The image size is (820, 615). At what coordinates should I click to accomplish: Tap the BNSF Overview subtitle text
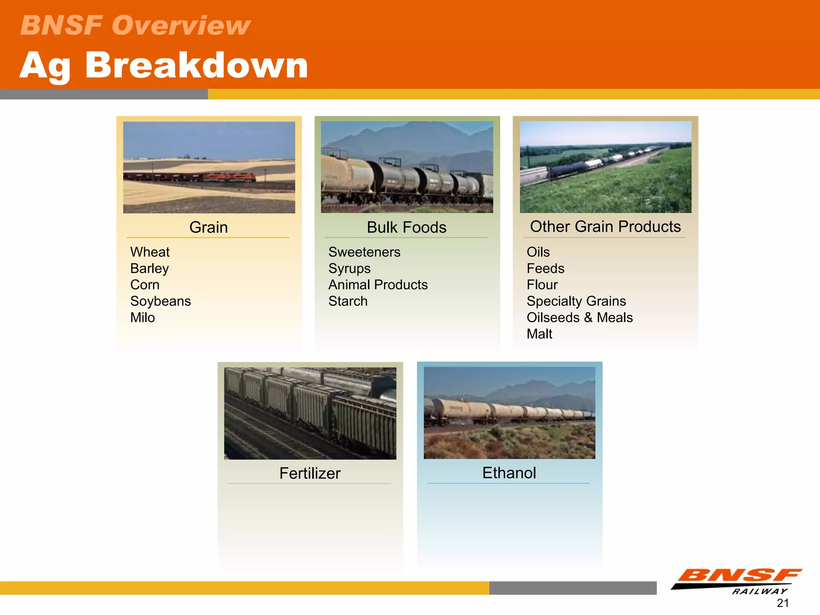(135, 25)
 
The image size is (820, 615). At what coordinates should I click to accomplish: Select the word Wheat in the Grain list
(150, 252)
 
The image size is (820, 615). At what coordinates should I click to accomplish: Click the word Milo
(142, 318)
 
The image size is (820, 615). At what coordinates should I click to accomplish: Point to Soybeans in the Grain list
(160, 301)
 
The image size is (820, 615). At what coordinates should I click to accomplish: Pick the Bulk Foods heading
(406, 227)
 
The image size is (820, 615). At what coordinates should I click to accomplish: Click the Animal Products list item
(378, 285)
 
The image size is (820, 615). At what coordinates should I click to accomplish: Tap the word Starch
(348, 301)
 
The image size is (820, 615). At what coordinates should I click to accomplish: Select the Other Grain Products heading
(605, 227)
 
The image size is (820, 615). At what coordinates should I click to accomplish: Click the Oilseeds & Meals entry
(579, 318)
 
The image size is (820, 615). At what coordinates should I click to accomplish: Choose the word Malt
(539, 334)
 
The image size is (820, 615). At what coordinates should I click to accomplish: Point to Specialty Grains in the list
(576, 301)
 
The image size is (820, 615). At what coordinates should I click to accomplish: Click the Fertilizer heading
(310, 473)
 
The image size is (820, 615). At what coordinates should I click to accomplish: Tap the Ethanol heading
(508, 473)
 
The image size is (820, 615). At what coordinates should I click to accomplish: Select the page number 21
(782, 603)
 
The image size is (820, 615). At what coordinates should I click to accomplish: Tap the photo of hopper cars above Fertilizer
(310, 413)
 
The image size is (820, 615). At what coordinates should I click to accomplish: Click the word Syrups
(349, 269)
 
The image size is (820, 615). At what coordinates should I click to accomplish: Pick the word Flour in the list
(542, 285)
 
